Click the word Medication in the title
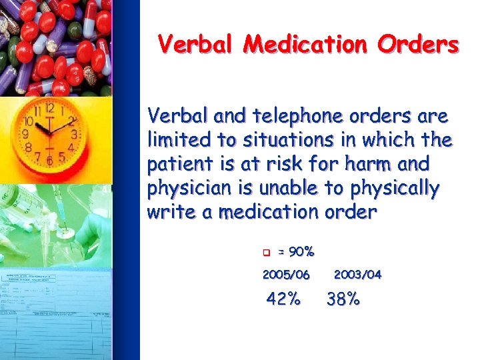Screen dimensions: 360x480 (x=305, y=45)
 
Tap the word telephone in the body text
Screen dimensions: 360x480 (x=285, y=117)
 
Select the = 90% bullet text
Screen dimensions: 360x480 (x=297, y=252)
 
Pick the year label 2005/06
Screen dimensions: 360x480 (x=287, y=275)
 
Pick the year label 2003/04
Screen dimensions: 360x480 (x=357, y=275)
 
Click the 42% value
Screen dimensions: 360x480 (x=283, y=299)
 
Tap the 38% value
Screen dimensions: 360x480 (x=343, y=299)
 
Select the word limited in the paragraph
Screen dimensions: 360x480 (x=175, y=141)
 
